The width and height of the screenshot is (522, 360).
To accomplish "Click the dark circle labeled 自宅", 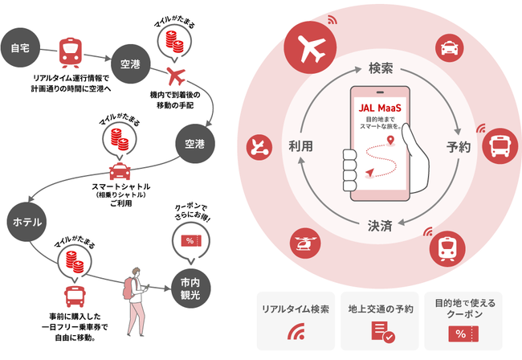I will coord(19,49).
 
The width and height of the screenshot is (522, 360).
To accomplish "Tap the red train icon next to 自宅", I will coord(71,54).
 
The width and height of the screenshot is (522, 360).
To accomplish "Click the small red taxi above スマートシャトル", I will coord(119,172).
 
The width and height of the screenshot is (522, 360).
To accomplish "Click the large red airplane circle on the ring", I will coord(312,49).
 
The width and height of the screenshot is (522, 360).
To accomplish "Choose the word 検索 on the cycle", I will coord(381,68).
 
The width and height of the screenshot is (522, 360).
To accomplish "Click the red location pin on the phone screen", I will coord(390,142).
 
